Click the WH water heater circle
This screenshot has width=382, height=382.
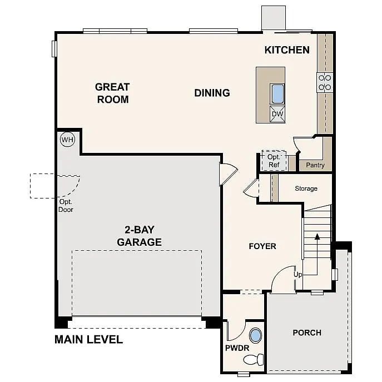67,140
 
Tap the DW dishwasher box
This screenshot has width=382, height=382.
277,115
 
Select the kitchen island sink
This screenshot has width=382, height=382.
277,93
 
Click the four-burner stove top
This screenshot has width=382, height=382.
325,83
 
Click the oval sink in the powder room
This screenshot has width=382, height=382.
256,336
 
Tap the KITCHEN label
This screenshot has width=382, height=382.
287,50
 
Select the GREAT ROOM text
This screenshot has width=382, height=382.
112,93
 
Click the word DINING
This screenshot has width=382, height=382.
212,93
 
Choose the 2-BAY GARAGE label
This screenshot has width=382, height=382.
139,236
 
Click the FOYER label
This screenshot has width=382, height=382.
262,246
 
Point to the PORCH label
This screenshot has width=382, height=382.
307,333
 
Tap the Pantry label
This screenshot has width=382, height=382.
315,165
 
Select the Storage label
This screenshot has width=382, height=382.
306,188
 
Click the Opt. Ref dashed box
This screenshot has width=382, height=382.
274,161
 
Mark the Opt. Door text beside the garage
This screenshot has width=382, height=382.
66,206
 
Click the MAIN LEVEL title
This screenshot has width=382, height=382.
88,340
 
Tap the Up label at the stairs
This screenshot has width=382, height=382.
298,275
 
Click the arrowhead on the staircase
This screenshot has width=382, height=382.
317,236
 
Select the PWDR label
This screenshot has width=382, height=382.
236,349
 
